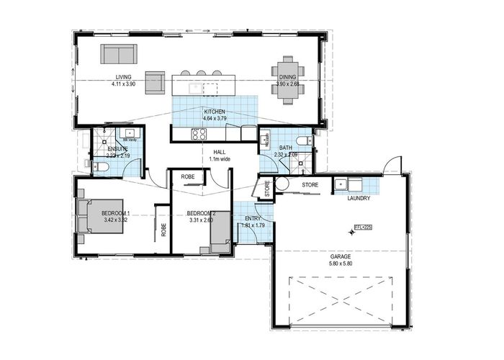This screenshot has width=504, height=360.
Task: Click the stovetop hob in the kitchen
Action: pyautogui.click(x=199, y=133)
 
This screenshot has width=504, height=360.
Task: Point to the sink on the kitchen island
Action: pyautogui.click(x=194, y=88)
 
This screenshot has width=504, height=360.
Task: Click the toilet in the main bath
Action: pyautogui.click(x=302, y=140)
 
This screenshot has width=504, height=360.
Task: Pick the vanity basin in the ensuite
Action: pyautogui.click(x=130, y=133)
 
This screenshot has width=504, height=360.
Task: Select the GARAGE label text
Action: pyautogui.click(x=341, y=256)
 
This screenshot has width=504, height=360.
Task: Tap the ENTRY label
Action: pyautogui.click(x=253, y=218)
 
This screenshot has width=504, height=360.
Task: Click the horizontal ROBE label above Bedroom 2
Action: pyautogui.click(x=189, y=176)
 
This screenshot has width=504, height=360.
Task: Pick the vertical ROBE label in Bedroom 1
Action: pyautogui.click(x=163, y=230)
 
